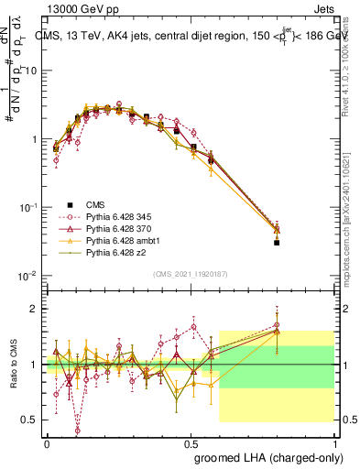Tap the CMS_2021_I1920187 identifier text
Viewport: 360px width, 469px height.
pyautogui.click(x=190, y=274)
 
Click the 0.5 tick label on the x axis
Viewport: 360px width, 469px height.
pyautogui.click(x=191, y=442)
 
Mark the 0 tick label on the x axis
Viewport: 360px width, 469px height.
pyautogui.click(x=47, y=442)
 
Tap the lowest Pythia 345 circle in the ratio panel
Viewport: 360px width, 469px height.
pyautogui.click(x=77, y=430)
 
